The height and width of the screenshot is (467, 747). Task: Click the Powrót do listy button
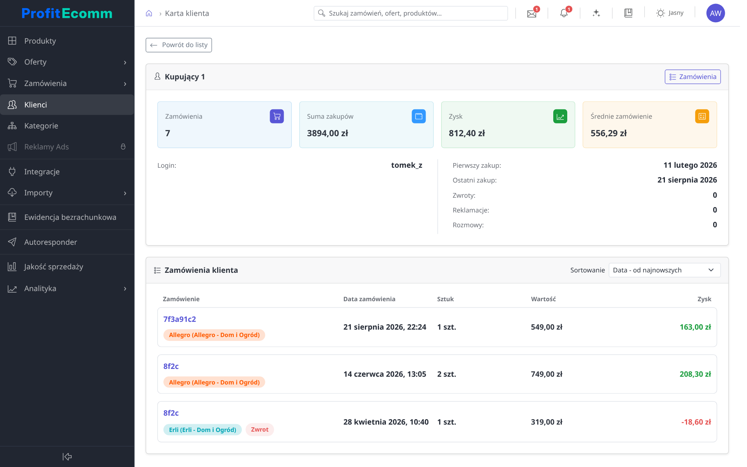click(179, 45)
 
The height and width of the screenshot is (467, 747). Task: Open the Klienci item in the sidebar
click(67, 105)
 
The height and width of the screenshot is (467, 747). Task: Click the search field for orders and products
click(410, 13)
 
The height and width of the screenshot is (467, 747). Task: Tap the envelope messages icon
click(531, 14)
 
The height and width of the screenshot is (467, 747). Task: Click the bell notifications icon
click(564, 13)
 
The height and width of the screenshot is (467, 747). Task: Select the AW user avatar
click(715, 13)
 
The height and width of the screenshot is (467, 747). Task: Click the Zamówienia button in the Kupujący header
click(693, 77)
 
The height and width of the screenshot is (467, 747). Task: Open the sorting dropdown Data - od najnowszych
click(665, 270)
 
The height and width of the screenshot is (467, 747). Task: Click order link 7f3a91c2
click(180, 319)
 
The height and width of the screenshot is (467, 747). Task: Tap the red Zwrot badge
click(260, 430)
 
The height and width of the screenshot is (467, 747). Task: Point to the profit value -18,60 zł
click(696, 422)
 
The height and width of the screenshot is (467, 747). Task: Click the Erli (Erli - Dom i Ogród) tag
click(202, 430)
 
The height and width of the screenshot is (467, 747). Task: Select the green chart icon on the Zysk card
click(560, 116)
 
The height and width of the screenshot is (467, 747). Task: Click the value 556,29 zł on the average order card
click(608, 133)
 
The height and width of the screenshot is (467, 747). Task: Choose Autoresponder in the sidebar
click(67, 242)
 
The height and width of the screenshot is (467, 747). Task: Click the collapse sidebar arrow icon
click(67, 456)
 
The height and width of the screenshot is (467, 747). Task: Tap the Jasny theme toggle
click(670, 13)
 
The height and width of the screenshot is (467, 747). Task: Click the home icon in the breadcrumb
click(149, 13)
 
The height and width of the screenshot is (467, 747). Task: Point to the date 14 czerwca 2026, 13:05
click(385, 374)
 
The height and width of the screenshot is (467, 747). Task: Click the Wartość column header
click(543, 299)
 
